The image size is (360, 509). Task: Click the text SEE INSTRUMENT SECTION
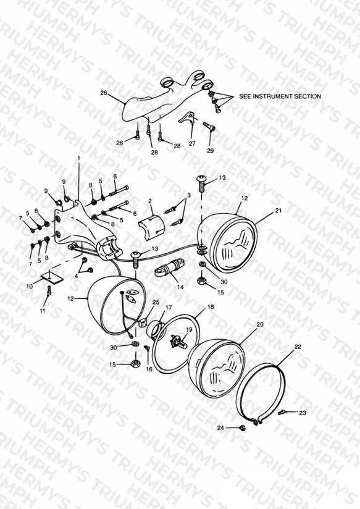tap(280, 96)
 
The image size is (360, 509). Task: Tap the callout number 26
tap(104, 93)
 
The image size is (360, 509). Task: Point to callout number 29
tap(211, 151)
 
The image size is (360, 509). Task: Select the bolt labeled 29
tap(209, 125)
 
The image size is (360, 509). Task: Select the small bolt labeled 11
tap(49, 291)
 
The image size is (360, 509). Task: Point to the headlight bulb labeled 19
tap(179, 342)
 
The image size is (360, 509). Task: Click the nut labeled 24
tap(242, 428)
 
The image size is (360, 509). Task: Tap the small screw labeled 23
tap(281, 413)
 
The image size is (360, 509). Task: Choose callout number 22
tap(298, 347)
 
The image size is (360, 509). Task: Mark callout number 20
tap(260, 325)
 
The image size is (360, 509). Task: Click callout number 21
tap(278, 211)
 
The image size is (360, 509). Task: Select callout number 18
tap(211, 307)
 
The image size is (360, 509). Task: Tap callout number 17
tap(169, 307)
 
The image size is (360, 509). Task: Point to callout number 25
tap(156, 302)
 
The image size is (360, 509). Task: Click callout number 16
tap(149, 369)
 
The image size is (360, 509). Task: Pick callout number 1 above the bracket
tap(78, 158)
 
